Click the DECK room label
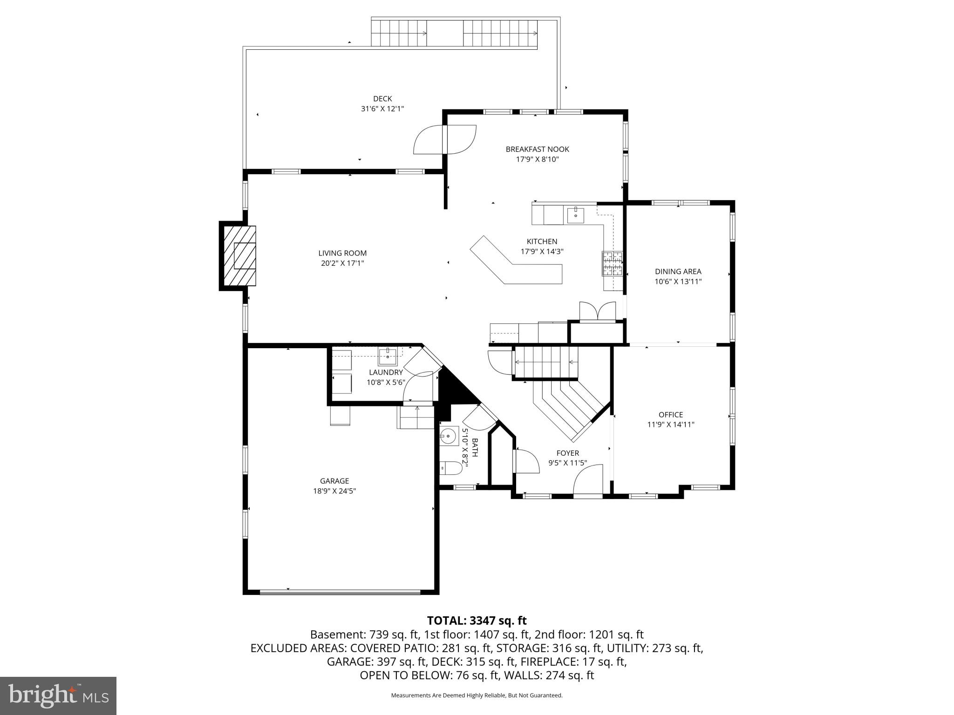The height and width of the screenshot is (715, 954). tap(382, 99)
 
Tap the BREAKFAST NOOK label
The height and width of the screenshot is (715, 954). tap(537, 149)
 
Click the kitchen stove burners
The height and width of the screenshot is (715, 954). tap(613, 263)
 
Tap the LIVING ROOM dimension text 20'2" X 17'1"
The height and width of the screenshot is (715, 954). tap(342, 263)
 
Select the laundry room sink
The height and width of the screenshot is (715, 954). tap(388, 357)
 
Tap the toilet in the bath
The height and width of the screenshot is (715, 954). tap(450, 467)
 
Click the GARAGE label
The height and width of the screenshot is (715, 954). tap(334, 481)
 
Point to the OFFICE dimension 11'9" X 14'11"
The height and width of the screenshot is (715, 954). tap(671, 425)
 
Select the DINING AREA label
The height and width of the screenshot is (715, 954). tap(678, 271)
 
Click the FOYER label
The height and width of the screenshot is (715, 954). tap(567, 453)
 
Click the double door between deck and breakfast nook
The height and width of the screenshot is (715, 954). tap(445, 140)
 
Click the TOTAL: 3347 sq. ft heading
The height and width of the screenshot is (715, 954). tap(477, 621)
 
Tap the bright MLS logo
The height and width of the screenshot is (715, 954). tap(58, 696)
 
